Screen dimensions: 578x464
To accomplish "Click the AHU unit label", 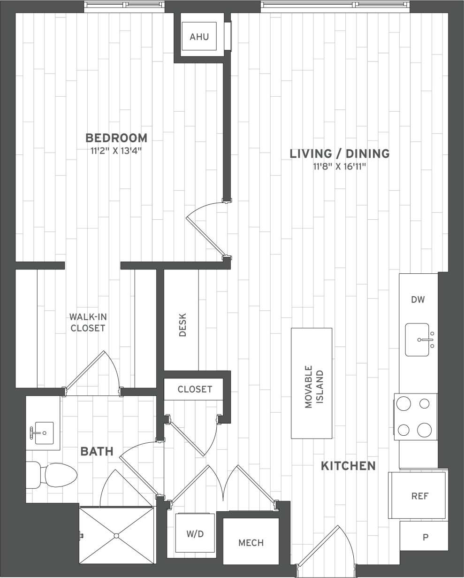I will tap(199, 37).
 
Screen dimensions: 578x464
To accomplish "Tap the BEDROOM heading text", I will tap(116, 138).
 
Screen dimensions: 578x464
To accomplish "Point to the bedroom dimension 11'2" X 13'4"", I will tap(116, 151).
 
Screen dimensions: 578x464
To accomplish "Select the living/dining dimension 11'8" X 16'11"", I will tap(340, 166).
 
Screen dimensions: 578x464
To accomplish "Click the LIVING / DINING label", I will tap(340, 154).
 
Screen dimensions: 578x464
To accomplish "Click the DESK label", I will tap(183, 324).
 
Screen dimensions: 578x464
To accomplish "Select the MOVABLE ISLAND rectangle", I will tap(312, 383).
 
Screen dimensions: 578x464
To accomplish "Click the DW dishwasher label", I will tap(418, 300).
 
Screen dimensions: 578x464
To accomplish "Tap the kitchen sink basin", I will tap(417, 339).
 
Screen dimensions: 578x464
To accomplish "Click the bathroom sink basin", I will tap(44, 432).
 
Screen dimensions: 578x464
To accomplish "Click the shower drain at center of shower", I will tap(116, 535).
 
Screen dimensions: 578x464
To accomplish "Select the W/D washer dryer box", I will tap(195, 533).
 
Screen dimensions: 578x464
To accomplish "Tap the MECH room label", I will tap(251, 543).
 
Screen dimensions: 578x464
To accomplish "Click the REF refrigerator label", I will tap(419, 496).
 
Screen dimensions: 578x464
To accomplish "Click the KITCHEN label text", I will tap(348, 466).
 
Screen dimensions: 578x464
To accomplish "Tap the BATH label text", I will tap(97, 452).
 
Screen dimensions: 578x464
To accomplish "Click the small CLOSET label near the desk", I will tap(195, 389).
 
